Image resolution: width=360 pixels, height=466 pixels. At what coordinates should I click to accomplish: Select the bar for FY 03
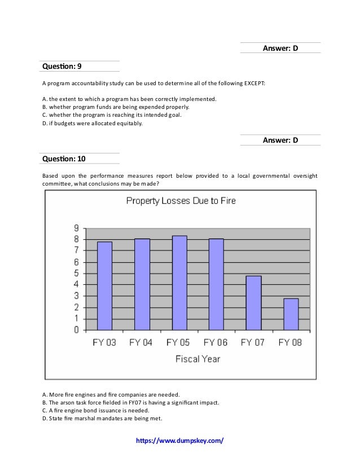coord(104,285)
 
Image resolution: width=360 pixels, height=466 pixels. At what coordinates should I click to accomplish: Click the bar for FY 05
coord(179,283)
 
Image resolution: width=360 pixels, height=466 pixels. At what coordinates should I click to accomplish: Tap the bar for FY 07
coord(253,303)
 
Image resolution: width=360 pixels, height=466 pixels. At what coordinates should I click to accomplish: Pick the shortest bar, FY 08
coord(291,314)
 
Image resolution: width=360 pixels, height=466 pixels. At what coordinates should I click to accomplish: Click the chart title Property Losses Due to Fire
coord(180,200)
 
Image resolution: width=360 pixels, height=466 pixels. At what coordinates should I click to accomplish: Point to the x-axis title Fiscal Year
coord(197,358)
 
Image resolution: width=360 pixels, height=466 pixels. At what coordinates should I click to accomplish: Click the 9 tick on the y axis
coord(75,228)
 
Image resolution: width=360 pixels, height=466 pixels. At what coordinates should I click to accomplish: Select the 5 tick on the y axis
coord(75,274)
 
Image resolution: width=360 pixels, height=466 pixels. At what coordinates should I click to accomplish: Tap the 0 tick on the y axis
coord(75,331)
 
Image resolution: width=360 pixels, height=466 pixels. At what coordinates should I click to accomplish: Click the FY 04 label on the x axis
coord(141,342)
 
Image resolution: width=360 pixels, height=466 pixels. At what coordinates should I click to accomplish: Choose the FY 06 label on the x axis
coord(216,342)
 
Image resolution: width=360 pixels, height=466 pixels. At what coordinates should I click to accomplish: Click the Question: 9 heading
coord(62,66)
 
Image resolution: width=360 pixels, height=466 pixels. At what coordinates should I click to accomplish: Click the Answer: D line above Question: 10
coord(280,140)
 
